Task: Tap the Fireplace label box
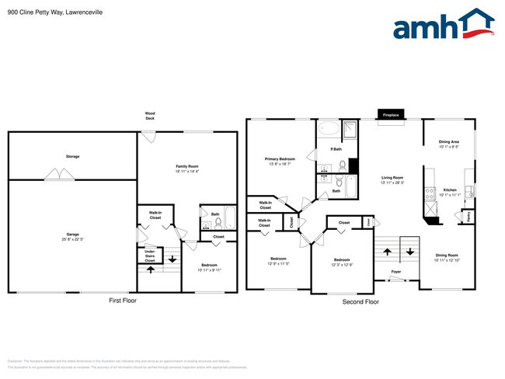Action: pyautogui.click(x=390, y=115)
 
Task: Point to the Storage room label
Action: pyautogui.click(x=72, y=156)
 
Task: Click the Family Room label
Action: pyautogui.click(x=187, y=168)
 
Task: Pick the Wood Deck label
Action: pyautogui.click(x=150, y=116)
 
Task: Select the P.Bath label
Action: pyautogui.click(x=337, y=149)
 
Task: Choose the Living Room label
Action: pyautogui.click(x=392, y=180)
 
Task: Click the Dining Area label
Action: pyautogui.click(x=449, y=144)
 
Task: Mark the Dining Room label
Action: pyautogui.click(x=447, y=257)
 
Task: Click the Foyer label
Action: pyautogui.click(x=395, y=272)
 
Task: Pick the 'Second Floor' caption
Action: pyautogui.click(x=360, y=301)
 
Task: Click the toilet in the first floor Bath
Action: pyautogui.click(x=218, y=223)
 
